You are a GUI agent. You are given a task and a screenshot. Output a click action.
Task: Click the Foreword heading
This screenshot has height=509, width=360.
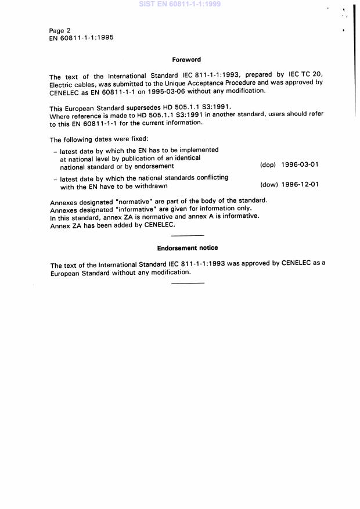click(186, 59)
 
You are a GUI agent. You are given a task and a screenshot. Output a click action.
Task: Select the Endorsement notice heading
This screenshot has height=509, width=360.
click(188, 248)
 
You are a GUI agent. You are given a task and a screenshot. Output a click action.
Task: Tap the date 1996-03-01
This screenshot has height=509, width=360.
click(300, 165)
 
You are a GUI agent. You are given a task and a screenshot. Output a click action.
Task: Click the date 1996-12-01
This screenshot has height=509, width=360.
click(300, 185)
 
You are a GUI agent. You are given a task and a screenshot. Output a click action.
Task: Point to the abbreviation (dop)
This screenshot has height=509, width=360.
click(268, 165)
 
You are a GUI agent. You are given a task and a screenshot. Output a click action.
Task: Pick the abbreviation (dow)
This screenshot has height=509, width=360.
click(268, 185)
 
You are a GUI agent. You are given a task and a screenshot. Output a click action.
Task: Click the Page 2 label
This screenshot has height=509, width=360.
click(60, 30)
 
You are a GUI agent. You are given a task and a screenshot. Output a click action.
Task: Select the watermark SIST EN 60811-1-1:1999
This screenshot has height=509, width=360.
click(180, 4)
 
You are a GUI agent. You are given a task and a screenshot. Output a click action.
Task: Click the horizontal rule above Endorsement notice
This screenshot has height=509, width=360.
click(188, 235)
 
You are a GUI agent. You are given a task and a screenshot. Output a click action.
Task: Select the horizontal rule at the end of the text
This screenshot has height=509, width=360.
click(188, 283)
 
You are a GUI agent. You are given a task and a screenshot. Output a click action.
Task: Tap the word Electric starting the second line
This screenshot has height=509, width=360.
click(62, 84)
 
